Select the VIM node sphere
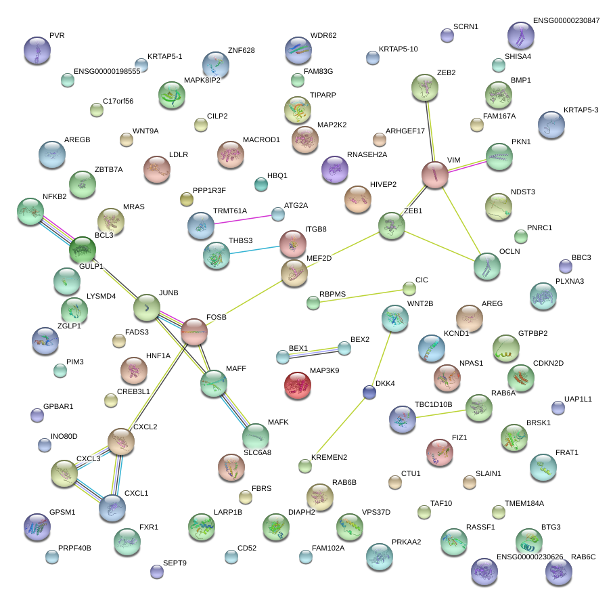coord(435,175)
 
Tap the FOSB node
coord(194,331)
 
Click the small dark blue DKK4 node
coord(369,392)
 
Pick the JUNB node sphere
coord(147,308)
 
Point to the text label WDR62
coord(323,35)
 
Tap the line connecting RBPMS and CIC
coord(361,296)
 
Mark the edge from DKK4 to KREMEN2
coord(337,429)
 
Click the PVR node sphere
coord(37,50)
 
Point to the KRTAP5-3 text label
coord(581,110)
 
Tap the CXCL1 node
coord(112,508)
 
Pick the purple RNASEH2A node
coord(334,169)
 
